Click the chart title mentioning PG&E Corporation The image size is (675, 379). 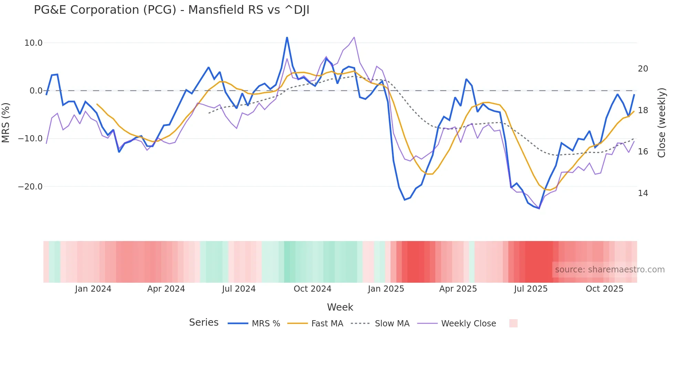tap(172, 10)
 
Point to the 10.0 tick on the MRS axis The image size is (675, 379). tap(33, 43)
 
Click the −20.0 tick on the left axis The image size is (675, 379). tap(30, 187)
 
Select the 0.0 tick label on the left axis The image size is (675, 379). tap(36, 91)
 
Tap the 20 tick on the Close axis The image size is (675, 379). tap(643, 69)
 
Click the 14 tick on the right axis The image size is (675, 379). tap(643, 193)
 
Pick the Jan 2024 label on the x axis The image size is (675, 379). tap(93, 289)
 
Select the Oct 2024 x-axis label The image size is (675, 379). tap(312, 289)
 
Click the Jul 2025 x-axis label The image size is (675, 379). tap(531, 289)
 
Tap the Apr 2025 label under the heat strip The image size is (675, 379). tap(458, 289)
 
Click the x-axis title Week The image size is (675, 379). tap(340, 307)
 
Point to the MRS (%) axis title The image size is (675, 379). tap(6, 122)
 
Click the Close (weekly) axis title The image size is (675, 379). tap(662, 123)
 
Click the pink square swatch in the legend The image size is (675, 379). tap(513, 323)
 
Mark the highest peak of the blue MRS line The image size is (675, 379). tap(287, 37)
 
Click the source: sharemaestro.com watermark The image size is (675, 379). tap(610, 270)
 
